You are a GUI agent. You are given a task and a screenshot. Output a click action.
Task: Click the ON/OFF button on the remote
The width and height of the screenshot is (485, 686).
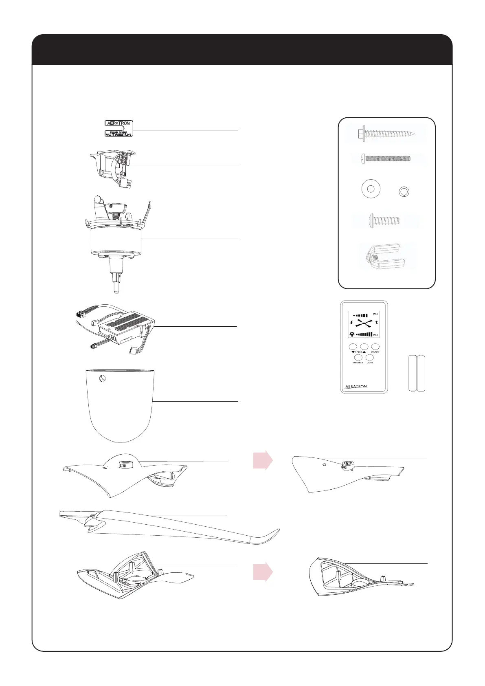point(375,347)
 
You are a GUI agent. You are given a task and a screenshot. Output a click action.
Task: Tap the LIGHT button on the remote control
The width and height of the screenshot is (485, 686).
point(370,357)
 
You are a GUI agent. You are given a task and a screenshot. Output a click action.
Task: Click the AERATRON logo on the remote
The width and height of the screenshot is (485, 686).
point(356,386)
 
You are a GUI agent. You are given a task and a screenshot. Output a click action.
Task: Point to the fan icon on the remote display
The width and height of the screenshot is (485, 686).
point(364,323)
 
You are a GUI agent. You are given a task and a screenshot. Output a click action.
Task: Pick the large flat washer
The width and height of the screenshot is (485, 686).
point(371,189)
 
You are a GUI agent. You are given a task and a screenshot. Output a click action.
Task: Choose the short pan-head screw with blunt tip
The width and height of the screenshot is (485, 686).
point(384,221)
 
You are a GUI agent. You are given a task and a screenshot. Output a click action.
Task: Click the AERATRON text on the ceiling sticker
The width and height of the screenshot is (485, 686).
point(118,123)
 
